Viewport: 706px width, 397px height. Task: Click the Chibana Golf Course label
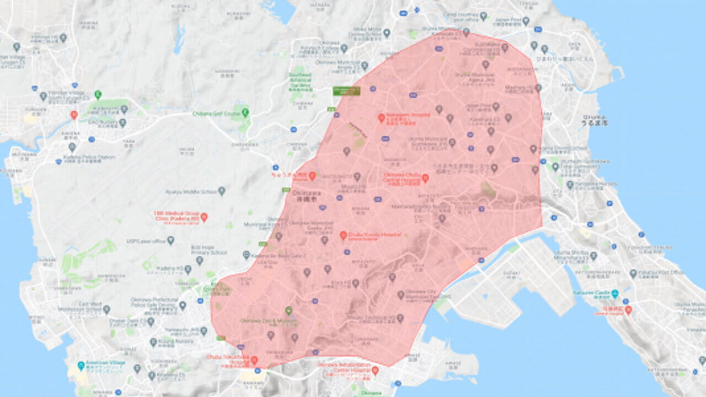tap(216, 114)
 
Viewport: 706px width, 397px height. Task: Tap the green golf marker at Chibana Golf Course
tap(245, 112)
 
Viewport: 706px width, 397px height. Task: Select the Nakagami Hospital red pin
tap(381, 117)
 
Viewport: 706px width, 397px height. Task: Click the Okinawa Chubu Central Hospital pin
tap(425, 178)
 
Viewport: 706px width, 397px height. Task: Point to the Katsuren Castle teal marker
tap(614, 293)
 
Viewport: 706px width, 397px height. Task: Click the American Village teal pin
tap(81, 365)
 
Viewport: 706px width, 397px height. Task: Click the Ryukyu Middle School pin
tap(222, 191)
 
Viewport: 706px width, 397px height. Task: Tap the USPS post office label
tap(147, 241)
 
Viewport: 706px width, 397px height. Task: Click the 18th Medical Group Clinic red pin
tap(204, 217)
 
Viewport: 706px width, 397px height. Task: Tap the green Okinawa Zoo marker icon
tap(288, 311)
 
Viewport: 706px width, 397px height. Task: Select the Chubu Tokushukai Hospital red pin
tap(254, 360)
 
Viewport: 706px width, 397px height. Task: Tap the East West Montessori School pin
tap(106, 309)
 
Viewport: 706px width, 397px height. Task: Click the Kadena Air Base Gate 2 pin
tap(247, 255)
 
